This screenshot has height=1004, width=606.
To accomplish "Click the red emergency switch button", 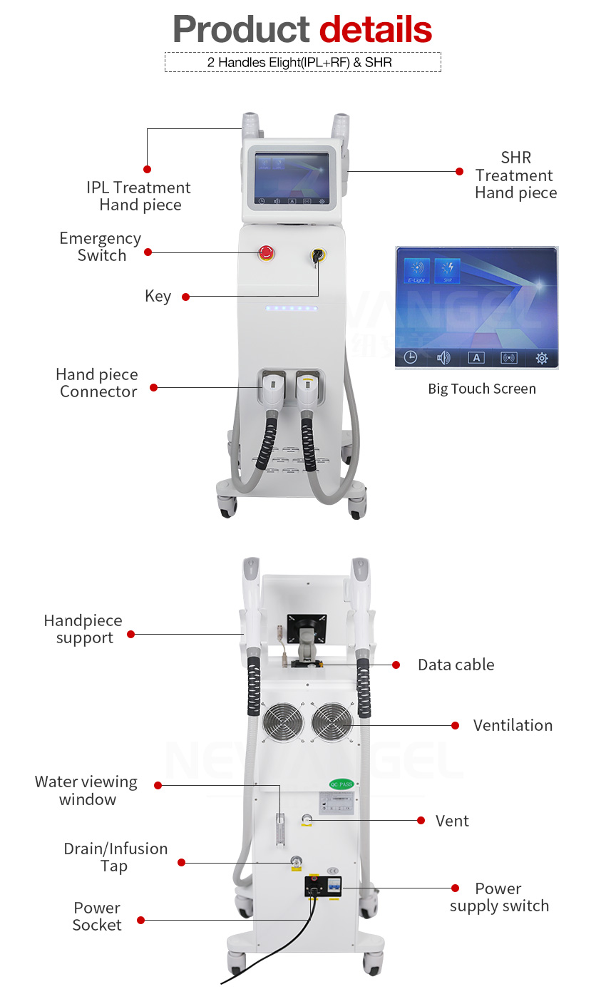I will pyautogui.click(x=266, y=252).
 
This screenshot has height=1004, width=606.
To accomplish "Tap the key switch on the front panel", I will pyautogui.click(x=316, y=255).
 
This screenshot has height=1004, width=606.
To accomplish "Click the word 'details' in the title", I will pyautogui.click(x=375, y=30).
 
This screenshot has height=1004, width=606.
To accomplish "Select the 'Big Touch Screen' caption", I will pyautogui.click(x=482, y=389).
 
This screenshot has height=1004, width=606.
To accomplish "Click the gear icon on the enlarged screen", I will pyautogui.click(x=542, y=358).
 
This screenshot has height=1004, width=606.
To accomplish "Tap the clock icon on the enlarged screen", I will pyautogui.click(x=411, y=358).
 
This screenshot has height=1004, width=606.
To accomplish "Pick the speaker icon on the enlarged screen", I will pyautogui.click(x=443, y=358).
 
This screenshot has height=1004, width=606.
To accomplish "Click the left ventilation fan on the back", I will pyautogui.click(x=283, y=722).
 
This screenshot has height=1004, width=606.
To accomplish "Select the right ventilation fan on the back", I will pyautogui.click(x=332, y=722).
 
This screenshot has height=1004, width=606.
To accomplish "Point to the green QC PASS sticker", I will pyautogui.click(x=341, y=784).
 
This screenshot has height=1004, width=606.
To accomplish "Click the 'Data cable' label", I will pyautogui.click(x=456, y=665).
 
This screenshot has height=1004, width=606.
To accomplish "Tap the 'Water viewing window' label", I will pyautogui.click(x=86, y=791).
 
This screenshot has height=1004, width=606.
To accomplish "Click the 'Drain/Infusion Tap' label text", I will pyautogui.click(x=115, y=857).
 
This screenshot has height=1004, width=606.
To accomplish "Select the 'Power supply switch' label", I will pyautogui.click(x=499, y=897).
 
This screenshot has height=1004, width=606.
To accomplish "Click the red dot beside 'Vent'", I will pyautogui.click(x=421, y=821).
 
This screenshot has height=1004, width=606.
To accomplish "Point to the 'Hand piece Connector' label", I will pyautogui.click(x=97, y=383).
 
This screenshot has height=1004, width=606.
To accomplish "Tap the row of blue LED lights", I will pyautogui.click(x=291, y=309).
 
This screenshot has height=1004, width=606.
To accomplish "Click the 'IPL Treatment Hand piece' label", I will pyautogui.click(x=139, y=196).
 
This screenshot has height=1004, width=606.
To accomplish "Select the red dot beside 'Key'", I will pyautogui.click(x=185, y=297).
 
